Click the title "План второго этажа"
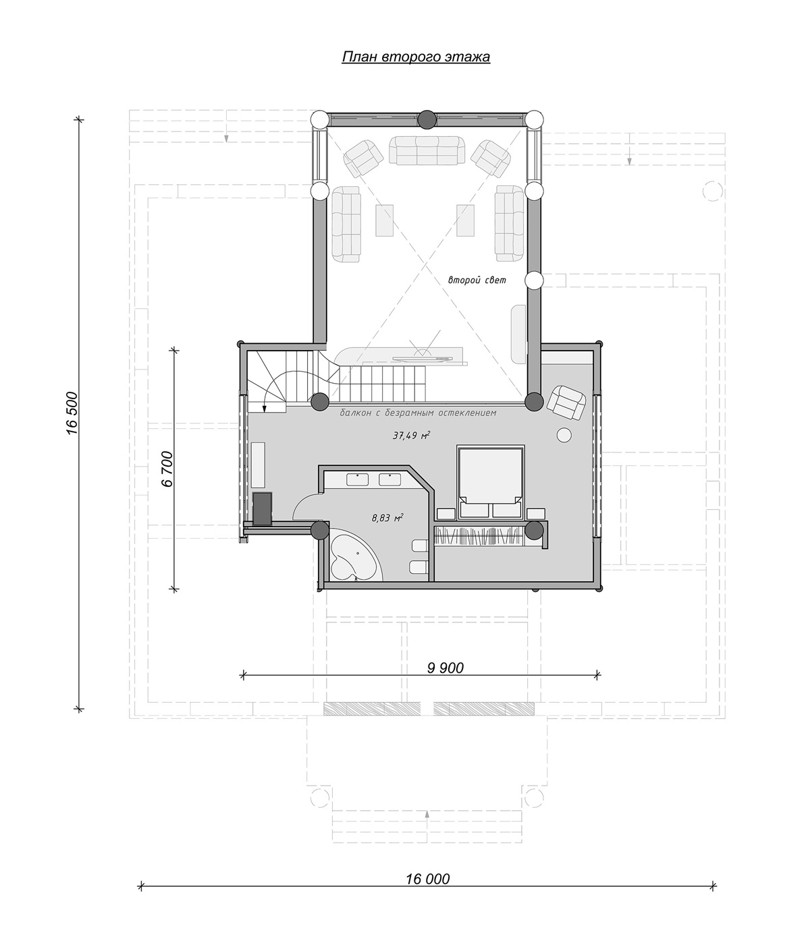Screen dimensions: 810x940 (416, 57)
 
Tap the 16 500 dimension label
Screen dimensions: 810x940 (74, 413)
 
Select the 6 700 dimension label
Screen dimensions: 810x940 (167, 469)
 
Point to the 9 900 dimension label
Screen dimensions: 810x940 (446, 668)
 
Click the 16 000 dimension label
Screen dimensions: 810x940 (427, 879)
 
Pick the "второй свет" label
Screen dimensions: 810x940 (477, 280)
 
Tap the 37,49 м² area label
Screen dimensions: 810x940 (411, 435)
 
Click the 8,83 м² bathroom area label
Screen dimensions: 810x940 (387, 517)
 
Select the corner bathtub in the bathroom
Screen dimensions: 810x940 (354, 556)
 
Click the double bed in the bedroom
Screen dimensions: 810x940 (491, 482)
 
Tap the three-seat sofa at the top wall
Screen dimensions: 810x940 (427, 150)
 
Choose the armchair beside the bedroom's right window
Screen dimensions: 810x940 (567, 402)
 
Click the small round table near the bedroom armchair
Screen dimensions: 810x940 (564, 435)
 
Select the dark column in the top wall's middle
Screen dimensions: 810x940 (427, 119)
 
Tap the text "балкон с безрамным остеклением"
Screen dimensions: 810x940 (418, 413)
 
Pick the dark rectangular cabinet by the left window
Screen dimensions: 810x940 (263, 508)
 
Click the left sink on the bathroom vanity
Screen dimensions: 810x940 (358, 479)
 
